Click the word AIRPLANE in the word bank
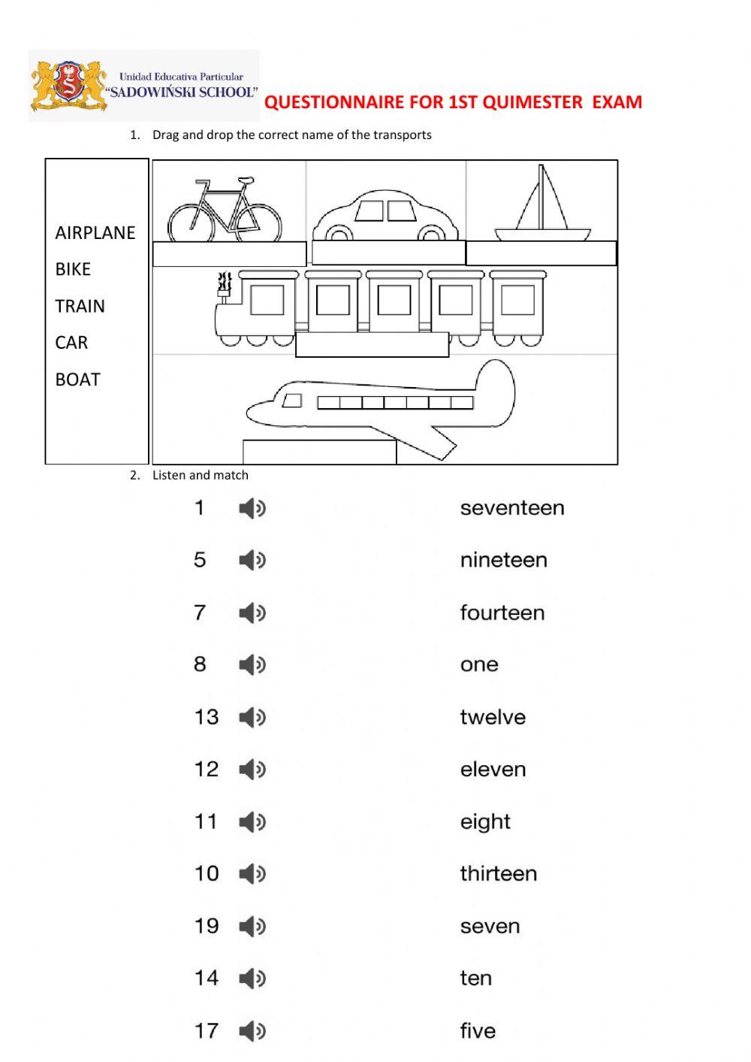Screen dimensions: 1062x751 pos(95,233)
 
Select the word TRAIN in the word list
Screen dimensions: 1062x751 pos(80,307)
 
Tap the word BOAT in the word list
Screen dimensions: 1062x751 pos(77,380)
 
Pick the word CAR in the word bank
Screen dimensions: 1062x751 pos(71,343)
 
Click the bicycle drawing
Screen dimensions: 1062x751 pos(225,210)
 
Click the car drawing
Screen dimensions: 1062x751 pos(385,216)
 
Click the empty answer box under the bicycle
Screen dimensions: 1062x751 pos(229,254)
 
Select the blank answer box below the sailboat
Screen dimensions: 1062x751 pos(541,253)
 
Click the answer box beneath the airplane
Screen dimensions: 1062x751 pos(319,452)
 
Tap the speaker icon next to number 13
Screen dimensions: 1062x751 pos(252,717)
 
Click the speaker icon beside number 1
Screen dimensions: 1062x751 pos(252,509)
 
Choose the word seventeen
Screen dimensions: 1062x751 pos(512,508)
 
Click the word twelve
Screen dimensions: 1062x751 pos(493,717)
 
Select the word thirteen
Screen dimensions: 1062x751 pos(499,873)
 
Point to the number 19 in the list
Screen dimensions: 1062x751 pos(207,926)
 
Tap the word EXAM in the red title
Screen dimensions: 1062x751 pos(617,102)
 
